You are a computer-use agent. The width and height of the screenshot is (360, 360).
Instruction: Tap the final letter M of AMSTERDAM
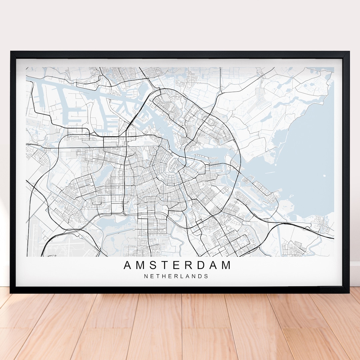226,265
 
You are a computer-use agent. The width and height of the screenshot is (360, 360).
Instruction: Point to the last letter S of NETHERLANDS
207,276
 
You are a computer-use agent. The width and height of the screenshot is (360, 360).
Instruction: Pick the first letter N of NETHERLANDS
146,276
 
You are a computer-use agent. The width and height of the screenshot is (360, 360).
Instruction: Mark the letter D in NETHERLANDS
201,276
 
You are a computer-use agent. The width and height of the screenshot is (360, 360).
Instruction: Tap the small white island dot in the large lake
324,175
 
